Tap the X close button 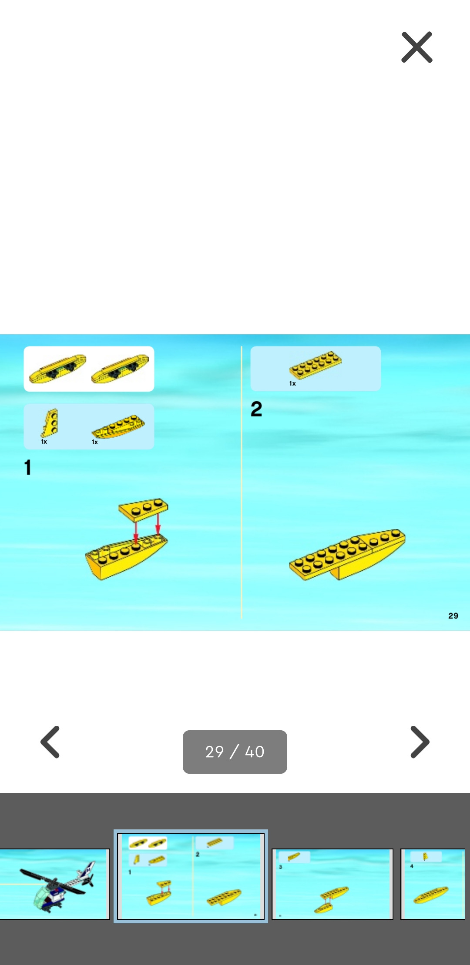click(417, 47)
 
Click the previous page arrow click(50, 742)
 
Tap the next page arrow click(420, 742)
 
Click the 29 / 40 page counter click(235, 752)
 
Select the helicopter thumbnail click(54, 884)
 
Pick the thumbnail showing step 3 click(332, 884)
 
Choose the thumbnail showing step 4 click(433, 884)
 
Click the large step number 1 click(28, 468)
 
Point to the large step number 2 click(256, 409)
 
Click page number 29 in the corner click(453, 616)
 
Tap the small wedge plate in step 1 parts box click(50, 423)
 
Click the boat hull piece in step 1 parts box click(118, 426)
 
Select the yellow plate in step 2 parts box click(316, 365)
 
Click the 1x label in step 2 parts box click(292, 383)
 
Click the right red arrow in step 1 click(158, 523)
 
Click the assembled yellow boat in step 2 click(347, 555)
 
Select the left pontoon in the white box click(57, 369)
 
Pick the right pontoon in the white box click(120, 369)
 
